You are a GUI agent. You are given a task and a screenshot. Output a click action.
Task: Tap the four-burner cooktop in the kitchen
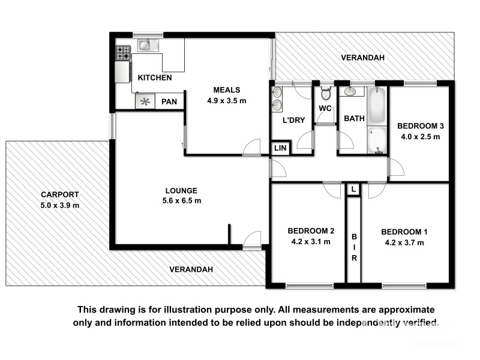point(123,53)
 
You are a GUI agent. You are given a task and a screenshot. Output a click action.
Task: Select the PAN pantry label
point(169,102)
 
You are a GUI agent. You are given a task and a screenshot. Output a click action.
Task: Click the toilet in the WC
point(326,94)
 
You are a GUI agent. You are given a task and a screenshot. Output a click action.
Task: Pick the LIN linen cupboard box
point(280,148)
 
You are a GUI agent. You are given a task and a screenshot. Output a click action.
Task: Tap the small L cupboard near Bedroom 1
point(353,189)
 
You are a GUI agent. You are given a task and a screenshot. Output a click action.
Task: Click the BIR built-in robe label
point(354,247)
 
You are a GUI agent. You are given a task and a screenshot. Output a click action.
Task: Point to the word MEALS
point(227,90)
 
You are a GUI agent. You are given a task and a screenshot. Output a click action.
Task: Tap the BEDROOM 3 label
point(421,126)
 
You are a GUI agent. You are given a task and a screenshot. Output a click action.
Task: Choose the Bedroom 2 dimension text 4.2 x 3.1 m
point(311,242)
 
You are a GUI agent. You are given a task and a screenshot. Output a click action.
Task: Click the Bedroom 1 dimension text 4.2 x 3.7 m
point(404,242)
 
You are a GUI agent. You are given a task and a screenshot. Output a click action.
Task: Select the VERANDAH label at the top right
point(362,58)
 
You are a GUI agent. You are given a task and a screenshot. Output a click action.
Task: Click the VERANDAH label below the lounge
point(191,269)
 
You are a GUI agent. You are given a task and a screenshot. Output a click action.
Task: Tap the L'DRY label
point(294,120)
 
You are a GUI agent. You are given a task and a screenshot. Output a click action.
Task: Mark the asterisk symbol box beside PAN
point(145,102)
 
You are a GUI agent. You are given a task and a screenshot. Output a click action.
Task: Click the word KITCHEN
point(155,78)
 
